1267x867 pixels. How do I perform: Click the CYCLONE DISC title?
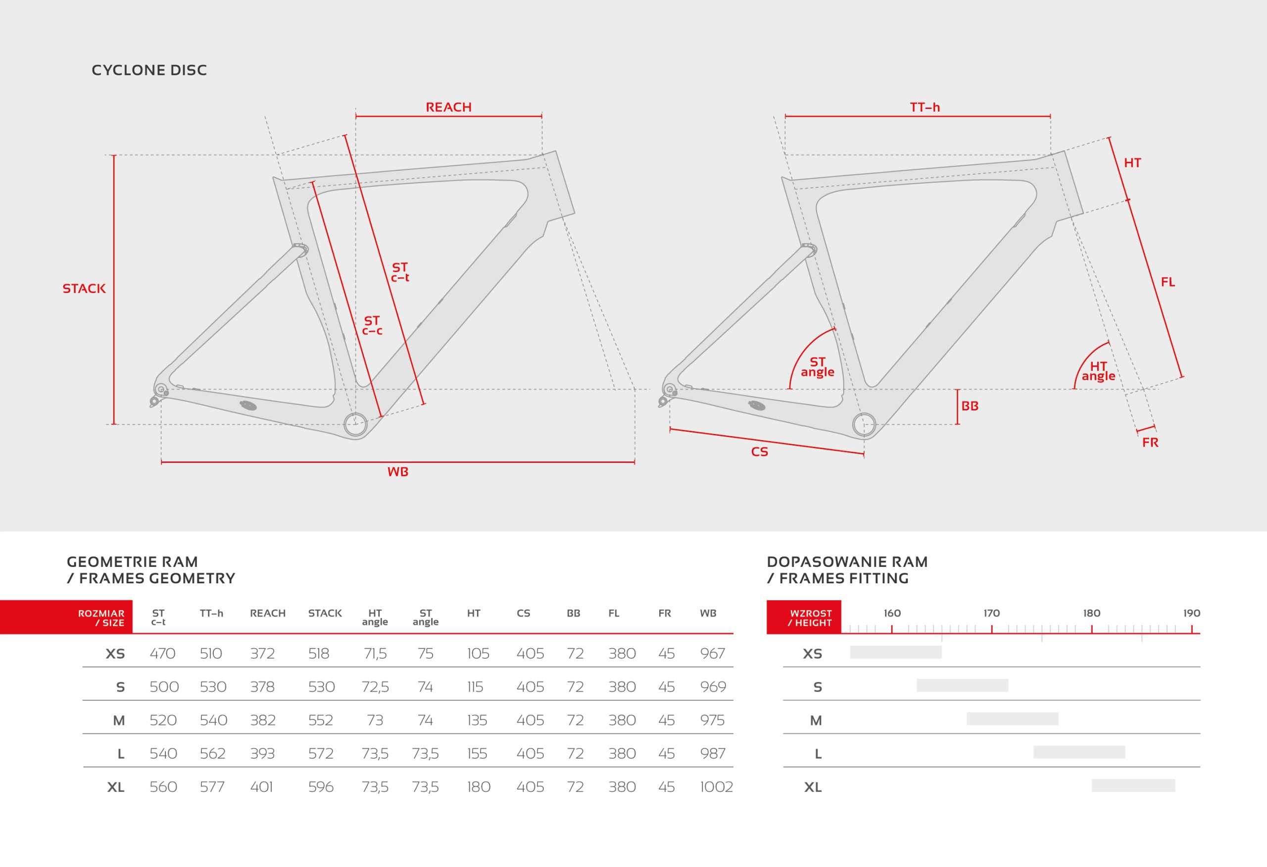pyautogui.click(x=149, y=70)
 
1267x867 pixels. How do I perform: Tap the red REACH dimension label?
pyautogui.click(x=448, y=107)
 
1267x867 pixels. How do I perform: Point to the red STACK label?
pyautogui.click(x=84, y=289)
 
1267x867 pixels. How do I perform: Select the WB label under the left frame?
pyautogui.click(x=397, y=472)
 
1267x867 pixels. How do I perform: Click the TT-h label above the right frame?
pyautogui.click(x=925, y=107)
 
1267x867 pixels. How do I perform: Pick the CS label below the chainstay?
pyautogui.click(x=759, y=452)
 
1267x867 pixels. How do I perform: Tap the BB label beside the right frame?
pyautogui.click(x=970, y=406)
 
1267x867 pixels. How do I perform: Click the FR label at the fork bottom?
pyautogui.click(x=1150, y=442)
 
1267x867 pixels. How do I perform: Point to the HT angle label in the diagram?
pyautogui.click(x=1098, y=371)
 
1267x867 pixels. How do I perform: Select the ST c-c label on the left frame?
pyautogui.click(x=372, y=325)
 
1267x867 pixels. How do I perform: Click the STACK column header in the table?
pyautogui.click(x=325, y=613)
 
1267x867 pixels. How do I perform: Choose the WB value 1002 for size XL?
pyautogui.click(x=716, y=787)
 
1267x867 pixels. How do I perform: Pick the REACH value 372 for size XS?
pyautogui.click(x=262, y=653)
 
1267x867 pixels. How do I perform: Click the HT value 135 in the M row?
pyautogui.click(x=477, y=720)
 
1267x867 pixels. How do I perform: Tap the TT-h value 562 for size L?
pyautogui.click(x=213, y=754)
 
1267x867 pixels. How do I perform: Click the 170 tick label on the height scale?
pyautogui.click(x=991, y=613)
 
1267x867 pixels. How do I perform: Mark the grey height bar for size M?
pyautogui.click(x=1013, y=718)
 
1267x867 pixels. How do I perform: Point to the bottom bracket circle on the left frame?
pyautogui.click(x=355, y=424)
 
